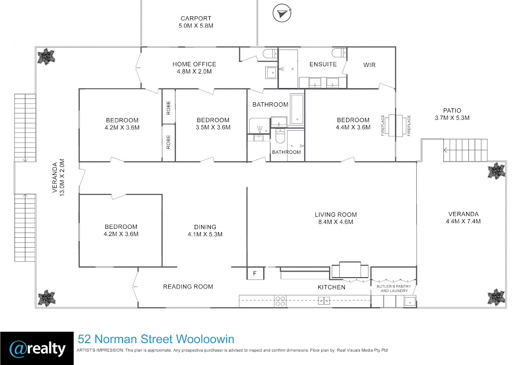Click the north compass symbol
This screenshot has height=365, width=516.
(x=282, y=13)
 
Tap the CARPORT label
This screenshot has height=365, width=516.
(x=196, y=18)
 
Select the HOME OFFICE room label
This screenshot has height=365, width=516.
(x=194, y=64)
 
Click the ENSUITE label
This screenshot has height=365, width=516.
(x=323, y=64)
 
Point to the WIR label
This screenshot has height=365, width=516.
(x=369, y=65)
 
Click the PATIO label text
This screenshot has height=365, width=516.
(x=452, y=110)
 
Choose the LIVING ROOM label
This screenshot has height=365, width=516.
(x=336, y=215)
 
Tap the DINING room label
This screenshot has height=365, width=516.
(x=205, y=227)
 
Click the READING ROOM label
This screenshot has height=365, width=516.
(x=188, y=287)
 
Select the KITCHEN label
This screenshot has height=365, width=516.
(x=332, y=287)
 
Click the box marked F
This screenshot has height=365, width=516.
(x=255, y=273)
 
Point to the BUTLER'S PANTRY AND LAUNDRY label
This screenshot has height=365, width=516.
(x=394, y=288)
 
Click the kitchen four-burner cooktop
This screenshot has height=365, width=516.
(x=280, y=301)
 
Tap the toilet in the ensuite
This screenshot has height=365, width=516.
(x=339, y=53)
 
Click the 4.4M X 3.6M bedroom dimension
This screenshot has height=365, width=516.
(x=353, y=127)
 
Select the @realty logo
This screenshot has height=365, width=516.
(x=37, y=348)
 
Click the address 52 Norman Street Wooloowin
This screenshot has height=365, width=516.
(x=156, y=339)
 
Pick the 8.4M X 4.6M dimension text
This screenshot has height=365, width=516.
(x=336, y=222)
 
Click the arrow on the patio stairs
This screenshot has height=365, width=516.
(x=446, y=150)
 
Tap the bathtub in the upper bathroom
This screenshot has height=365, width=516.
(x=297, y=109)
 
